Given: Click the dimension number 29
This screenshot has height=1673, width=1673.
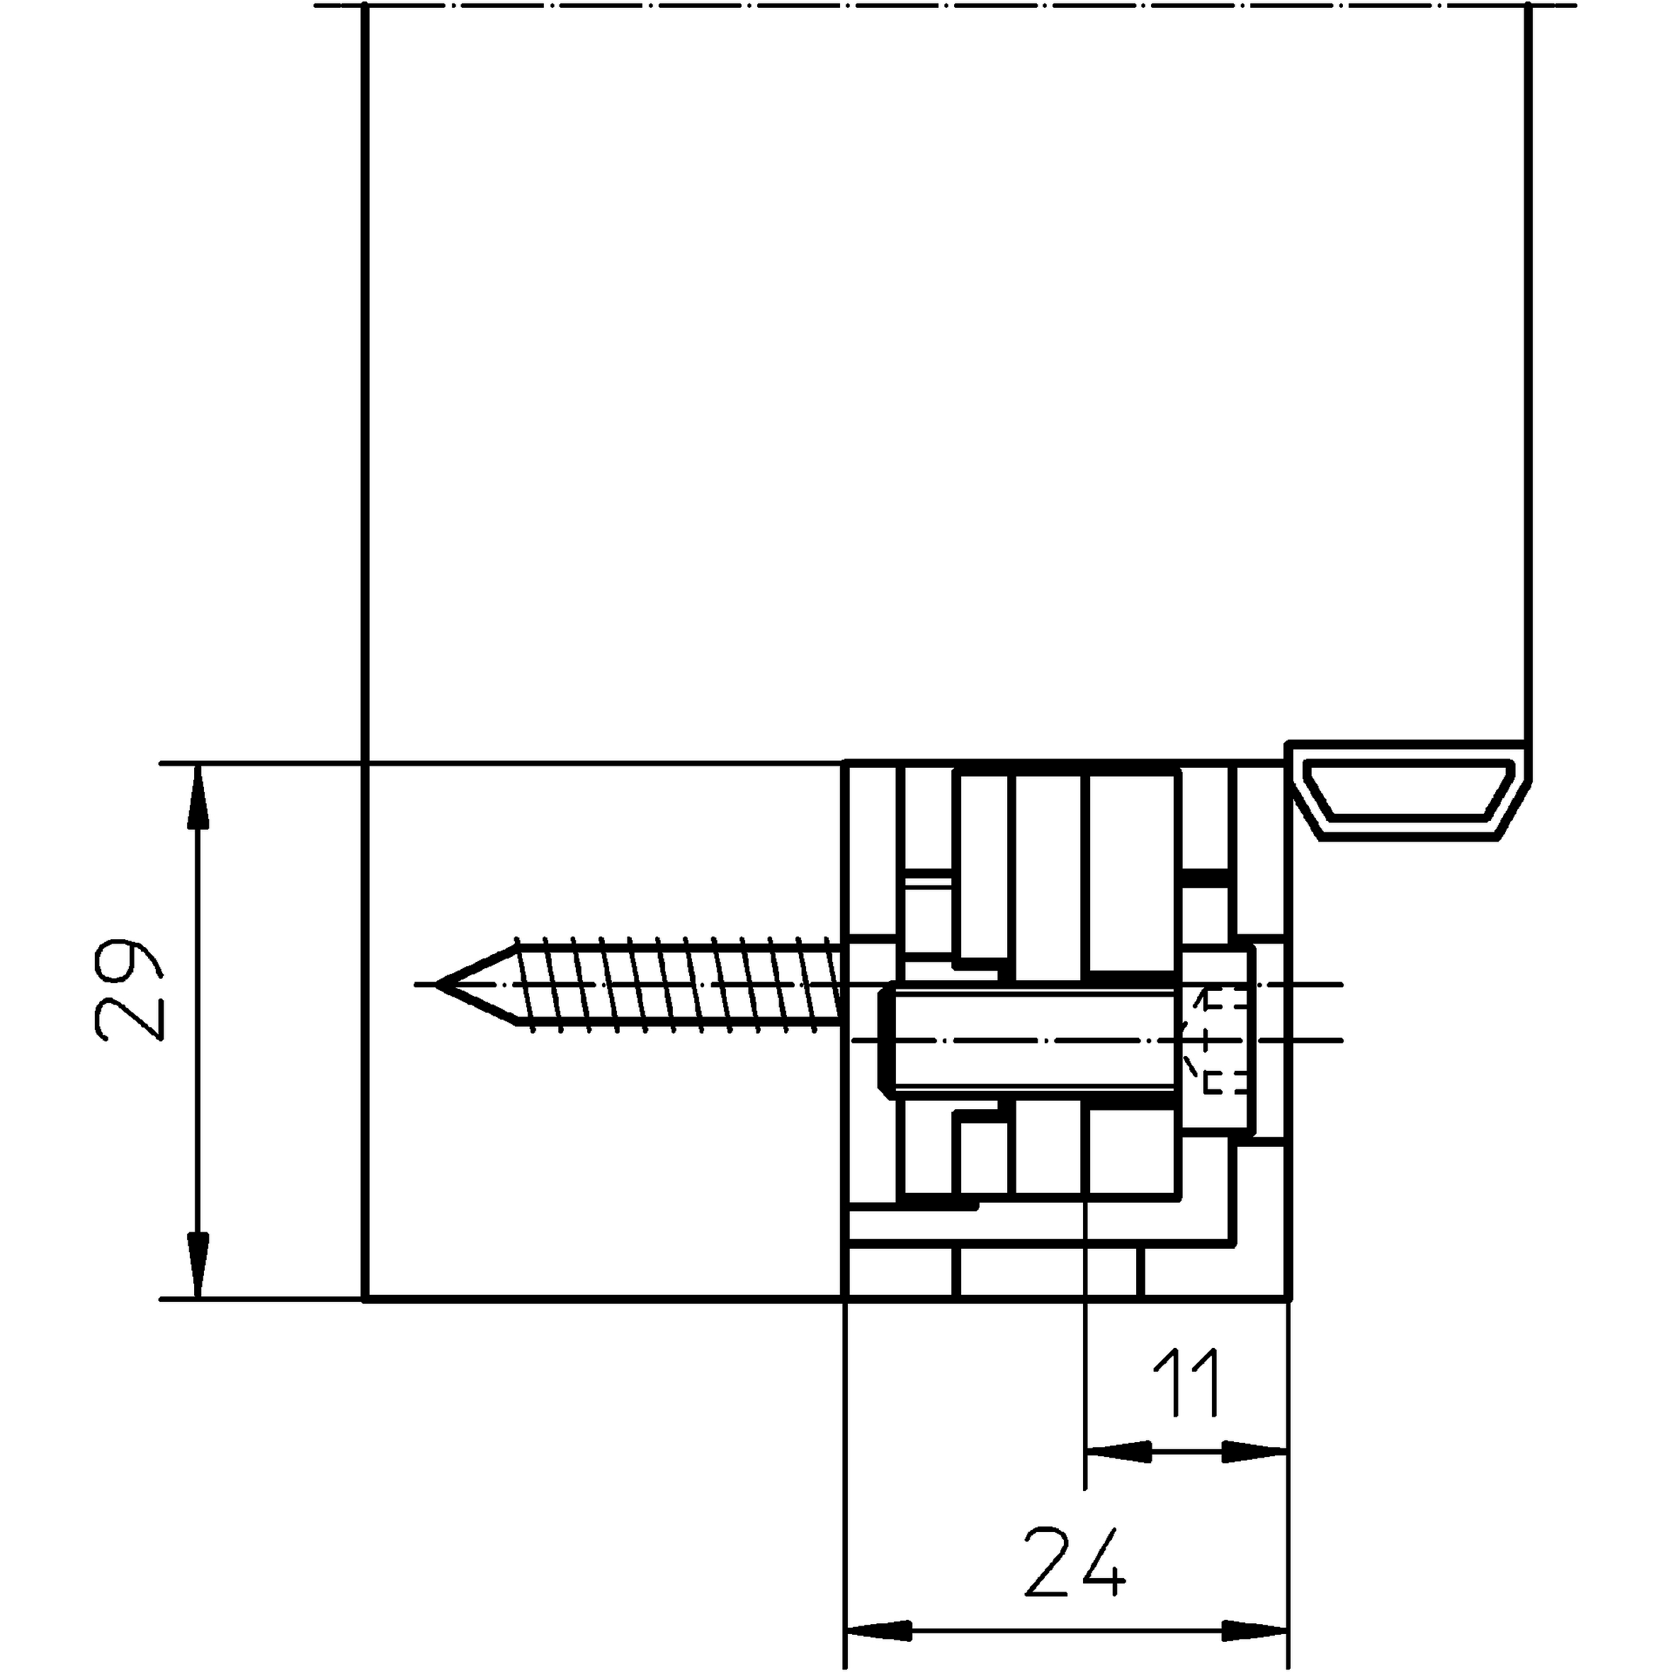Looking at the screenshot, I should (127, 989).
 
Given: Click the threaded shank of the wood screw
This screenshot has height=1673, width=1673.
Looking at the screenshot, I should (676, 985).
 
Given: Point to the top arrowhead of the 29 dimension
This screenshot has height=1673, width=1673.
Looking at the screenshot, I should (199, 797).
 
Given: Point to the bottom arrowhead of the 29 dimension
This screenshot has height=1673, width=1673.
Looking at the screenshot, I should (199, 1266).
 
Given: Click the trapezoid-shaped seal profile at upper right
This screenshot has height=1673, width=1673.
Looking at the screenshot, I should (1409, 790).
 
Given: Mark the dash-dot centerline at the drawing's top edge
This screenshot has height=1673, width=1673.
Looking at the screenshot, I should (944, 6).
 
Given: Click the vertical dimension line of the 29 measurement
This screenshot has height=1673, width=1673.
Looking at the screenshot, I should (199, 1031).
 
